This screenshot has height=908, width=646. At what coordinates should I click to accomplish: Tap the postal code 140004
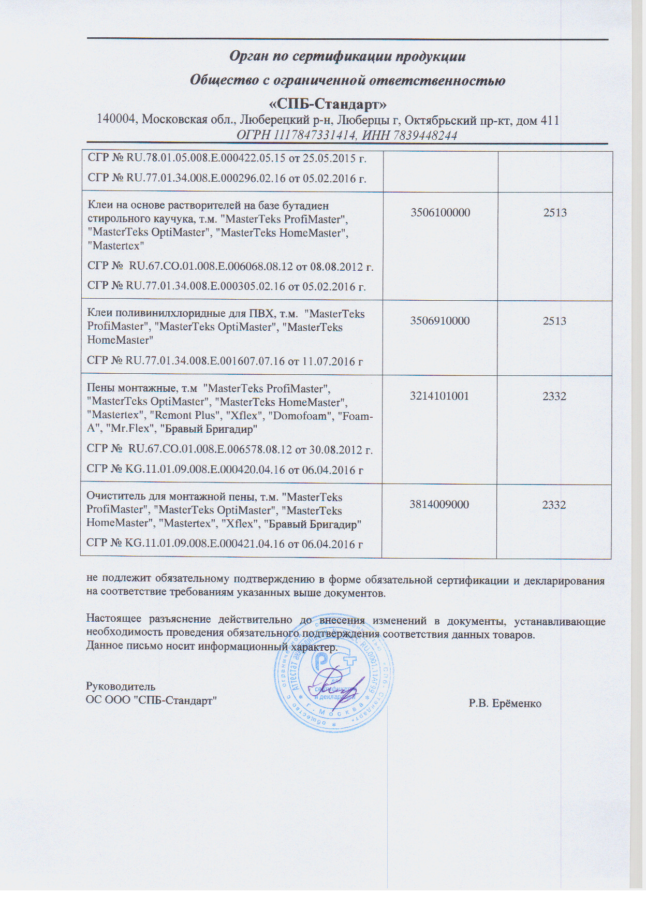pos(117,120)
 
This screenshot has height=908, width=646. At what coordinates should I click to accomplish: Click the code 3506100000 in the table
pos(440,212)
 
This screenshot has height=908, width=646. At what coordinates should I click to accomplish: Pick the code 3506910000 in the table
pos(440,320)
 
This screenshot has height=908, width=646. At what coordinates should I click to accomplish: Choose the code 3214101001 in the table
pos(439,396)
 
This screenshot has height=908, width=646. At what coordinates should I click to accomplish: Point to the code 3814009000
pos(439,505)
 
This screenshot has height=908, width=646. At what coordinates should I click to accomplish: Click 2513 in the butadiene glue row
pos(555,212)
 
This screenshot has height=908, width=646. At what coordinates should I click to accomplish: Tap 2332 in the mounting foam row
pos(554,396)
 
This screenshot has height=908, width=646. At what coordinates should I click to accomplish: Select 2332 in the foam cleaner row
pos(554,505)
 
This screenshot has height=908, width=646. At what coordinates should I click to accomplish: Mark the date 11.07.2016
pos(329,361)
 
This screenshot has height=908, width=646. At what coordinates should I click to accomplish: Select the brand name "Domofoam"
pos(300,416)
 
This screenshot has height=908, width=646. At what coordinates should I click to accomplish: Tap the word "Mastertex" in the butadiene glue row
pos(116,245)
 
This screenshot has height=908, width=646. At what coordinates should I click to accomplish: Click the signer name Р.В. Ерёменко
pos(505,704)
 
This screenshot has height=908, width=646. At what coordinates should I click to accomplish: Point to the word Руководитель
pos(121,686)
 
